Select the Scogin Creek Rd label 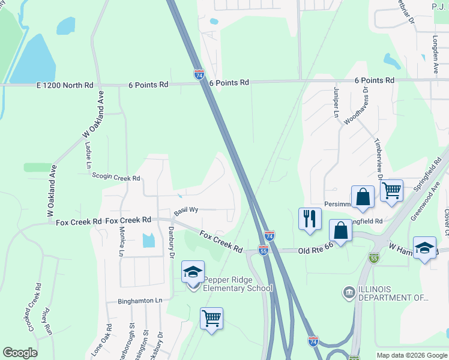click(116, 178)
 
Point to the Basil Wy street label click(186, 211)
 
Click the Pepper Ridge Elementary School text click(238, 284)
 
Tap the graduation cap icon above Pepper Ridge click(193, 271)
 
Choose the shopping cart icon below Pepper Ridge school click(211, 318)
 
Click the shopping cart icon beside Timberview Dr click(391, 191)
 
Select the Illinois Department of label click(393, 293)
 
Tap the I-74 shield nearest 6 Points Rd click(199, 74)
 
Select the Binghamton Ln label click(140, 301)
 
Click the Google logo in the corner click(20, 353)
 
